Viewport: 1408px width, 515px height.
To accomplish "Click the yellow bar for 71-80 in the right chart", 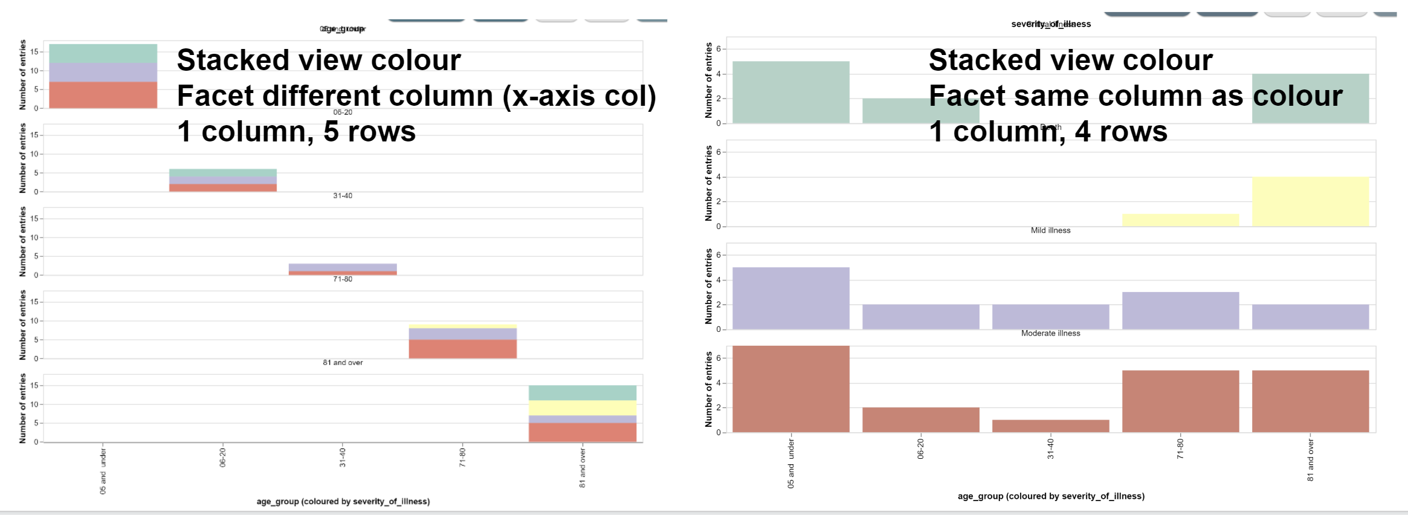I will click(1180, 220).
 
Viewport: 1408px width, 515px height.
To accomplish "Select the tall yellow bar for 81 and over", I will click(1310, 202).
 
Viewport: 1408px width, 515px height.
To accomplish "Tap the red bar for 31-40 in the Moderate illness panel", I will click(1050, 426).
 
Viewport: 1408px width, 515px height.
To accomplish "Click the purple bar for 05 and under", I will click(790, 298).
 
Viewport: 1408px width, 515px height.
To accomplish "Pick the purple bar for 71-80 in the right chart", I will click(1180, 311).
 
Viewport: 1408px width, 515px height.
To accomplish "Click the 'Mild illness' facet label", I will click(1050, 230).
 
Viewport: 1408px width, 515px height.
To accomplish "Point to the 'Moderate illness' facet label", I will click(1050, 333).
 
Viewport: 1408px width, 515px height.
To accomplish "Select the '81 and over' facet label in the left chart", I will click(343, 363).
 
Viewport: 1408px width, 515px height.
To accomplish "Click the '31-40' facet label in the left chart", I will click(343, 196).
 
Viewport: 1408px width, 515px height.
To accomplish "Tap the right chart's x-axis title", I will click(1051, 496).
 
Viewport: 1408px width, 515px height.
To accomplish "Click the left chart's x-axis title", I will click(343, 501).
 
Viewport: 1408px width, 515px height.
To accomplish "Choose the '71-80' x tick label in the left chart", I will click(462, 458).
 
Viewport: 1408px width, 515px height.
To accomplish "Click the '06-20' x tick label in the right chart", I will click(920, 449).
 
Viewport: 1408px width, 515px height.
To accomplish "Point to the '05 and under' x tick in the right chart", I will click(790, 464).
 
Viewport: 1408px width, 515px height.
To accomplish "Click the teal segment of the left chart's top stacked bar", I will click(103, 53).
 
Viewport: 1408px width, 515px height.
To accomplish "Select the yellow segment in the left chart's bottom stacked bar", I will click(582, 408).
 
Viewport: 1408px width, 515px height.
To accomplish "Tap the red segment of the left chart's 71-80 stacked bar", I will click(462, 349).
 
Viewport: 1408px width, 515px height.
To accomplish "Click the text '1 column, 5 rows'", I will click(296, 132).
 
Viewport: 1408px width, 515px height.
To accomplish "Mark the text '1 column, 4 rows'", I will click(1048, 132).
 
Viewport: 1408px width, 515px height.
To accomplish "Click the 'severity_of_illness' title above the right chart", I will click(1051, 24).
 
